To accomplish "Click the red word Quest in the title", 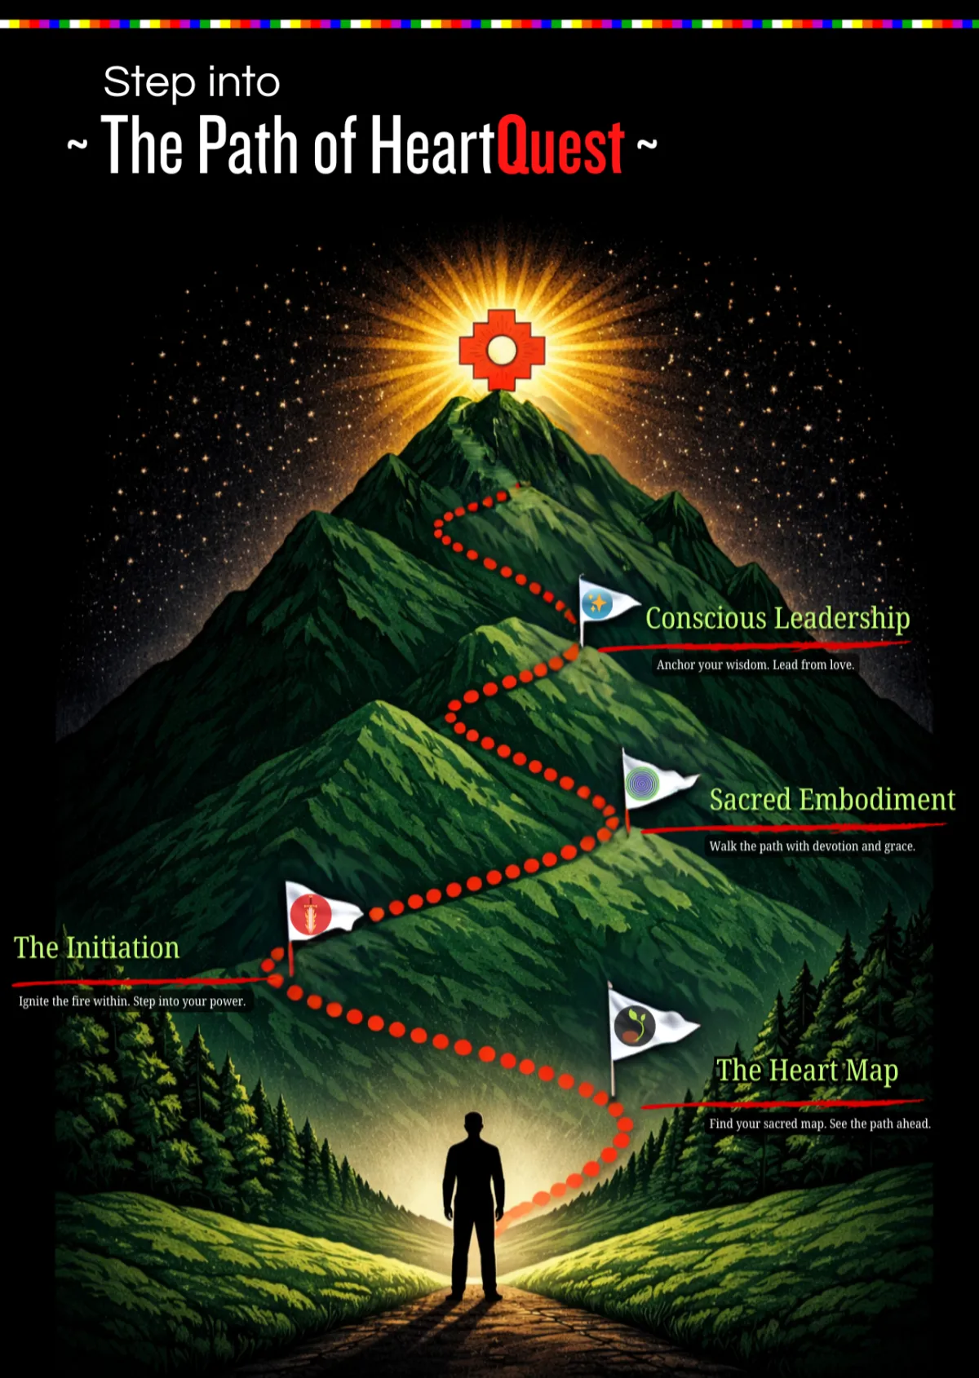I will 560,146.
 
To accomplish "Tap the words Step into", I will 192,82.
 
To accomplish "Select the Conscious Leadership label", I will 777,618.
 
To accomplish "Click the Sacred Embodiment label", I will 831,800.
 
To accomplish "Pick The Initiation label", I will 96,947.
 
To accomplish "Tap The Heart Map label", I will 807,1070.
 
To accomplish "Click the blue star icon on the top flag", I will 597,604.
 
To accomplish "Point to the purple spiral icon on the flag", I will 642,784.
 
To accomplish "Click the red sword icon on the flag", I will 311,914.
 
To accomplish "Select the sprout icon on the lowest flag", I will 635,1025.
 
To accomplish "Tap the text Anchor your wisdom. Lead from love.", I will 755,665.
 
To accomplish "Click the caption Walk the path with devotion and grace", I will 812,846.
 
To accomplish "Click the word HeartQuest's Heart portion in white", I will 433,146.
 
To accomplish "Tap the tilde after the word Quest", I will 647,144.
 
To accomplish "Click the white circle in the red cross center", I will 502,351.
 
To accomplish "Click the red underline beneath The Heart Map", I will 782,1104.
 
